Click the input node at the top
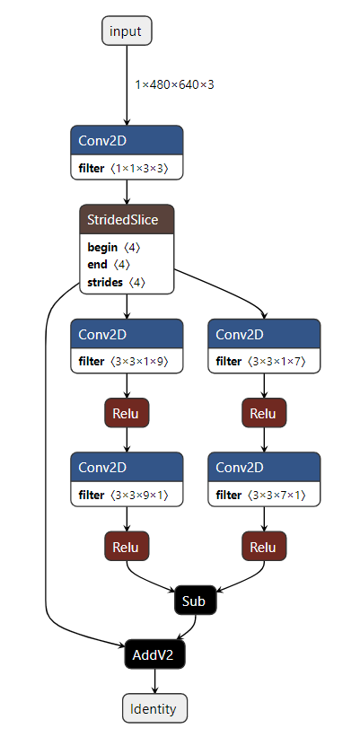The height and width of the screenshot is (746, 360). click(126, 31)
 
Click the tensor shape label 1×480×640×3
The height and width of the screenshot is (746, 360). click(174, 84)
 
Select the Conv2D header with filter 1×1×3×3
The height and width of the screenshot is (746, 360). click(127, 140)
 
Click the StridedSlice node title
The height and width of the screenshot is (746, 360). click(126, 219)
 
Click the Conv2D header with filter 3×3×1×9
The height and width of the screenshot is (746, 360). click(127, 334)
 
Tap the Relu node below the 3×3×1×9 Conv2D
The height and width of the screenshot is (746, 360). click(127, 413)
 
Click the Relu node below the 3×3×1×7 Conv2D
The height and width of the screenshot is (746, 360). click(263, 413)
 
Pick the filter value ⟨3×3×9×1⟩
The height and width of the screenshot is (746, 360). click(139, 495)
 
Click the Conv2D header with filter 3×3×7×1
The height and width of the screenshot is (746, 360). click(264, 467)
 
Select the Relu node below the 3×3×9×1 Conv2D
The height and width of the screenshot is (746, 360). click(127, 547)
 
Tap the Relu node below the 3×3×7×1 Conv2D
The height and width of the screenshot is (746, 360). click(263, 547)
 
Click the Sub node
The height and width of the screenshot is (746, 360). click(195, 601)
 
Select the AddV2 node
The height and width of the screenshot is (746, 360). click(155, 655)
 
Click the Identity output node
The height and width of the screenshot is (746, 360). click(155, 708)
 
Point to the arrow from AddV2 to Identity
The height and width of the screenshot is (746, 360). click(155, 681)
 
